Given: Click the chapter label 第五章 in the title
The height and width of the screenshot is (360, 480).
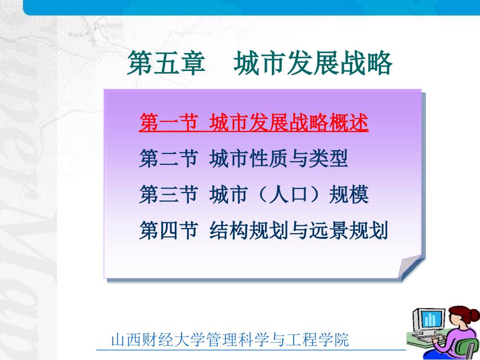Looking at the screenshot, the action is pos(166,63).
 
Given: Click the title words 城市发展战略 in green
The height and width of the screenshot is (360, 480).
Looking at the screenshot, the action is pos(313,63).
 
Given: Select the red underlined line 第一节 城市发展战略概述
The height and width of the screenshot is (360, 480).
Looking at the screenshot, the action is pos(254,123).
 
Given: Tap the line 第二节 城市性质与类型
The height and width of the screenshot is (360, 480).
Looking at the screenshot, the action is pos(244,159).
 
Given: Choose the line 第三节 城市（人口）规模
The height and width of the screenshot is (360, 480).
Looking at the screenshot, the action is pos(254,195).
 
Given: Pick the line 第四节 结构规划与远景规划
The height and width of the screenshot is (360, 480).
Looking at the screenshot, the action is pos(263,230).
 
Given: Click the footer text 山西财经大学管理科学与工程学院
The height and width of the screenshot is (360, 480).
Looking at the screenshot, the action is pos(230,340).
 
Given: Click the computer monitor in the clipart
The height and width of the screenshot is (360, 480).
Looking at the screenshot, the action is pos(428,320).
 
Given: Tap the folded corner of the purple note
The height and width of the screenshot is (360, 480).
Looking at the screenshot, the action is pos(410,266).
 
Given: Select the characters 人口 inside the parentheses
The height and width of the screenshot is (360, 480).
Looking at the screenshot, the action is pos(289,195).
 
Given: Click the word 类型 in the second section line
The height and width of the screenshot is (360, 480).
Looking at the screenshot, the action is pos(329,159).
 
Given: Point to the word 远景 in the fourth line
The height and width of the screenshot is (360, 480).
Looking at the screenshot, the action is pos(329,230).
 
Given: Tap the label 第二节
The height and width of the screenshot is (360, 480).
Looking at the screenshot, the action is pos(169,159).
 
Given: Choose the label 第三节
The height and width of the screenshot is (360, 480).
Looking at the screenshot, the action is pos(169,195).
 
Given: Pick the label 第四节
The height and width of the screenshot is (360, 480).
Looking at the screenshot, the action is pos(169,230).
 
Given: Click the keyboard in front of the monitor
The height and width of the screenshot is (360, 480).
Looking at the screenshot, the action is pos(424,340).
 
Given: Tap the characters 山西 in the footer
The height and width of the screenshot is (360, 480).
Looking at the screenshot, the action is pos(126,340).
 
